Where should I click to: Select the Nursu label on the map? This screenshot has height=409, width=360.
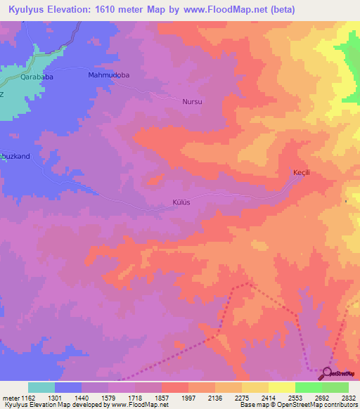pos(192,101)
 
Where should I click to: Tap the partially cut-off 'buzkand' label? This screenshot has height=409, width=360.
pos(15,156)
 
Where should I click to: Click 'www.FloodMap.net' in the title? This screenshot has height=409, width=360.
pos(226,9)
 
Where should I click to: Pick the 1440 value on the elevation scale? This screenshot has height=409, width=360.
pos(82,398)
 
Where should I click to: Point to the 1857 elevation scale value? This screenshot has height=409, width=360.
pos(162,398)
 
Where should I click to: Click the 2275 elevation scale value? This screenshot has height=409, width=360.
pos(242,398)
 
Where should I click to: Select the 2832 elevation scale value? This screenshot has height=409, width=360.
pos(349,398)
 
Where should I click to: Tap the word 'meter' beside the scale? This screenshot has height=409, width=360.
pos(10,398)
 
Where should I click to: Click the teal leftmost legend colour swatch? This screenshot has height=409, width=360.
pos(41,387)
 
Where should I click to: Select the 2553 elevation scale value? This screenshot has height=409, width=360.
pos(295,398)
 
